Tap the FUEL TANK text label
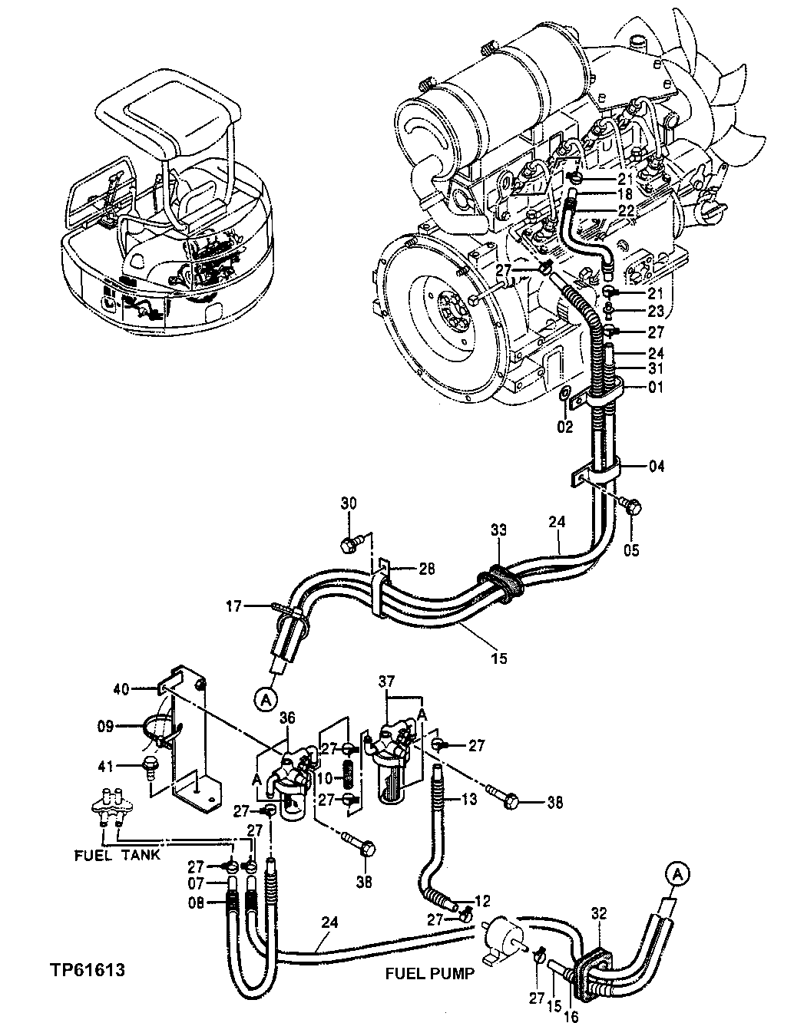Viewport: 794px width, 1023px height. pyautogui.click(x=117, y=854)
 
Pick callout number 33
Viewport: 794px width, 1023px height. pyautogui.click(x=499, y=530)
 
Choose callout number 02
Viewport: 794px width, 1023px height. pyautogui.click(x=564, y=427)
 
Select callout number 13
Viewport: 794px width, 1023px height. pyautogui.click(x=468, y=798)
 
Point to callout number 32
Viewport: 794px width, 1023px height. pyautogui.click(x=600, y=913)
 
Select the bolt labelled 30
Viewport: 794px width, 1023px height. pyautogui.click(x=349, y=546)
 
